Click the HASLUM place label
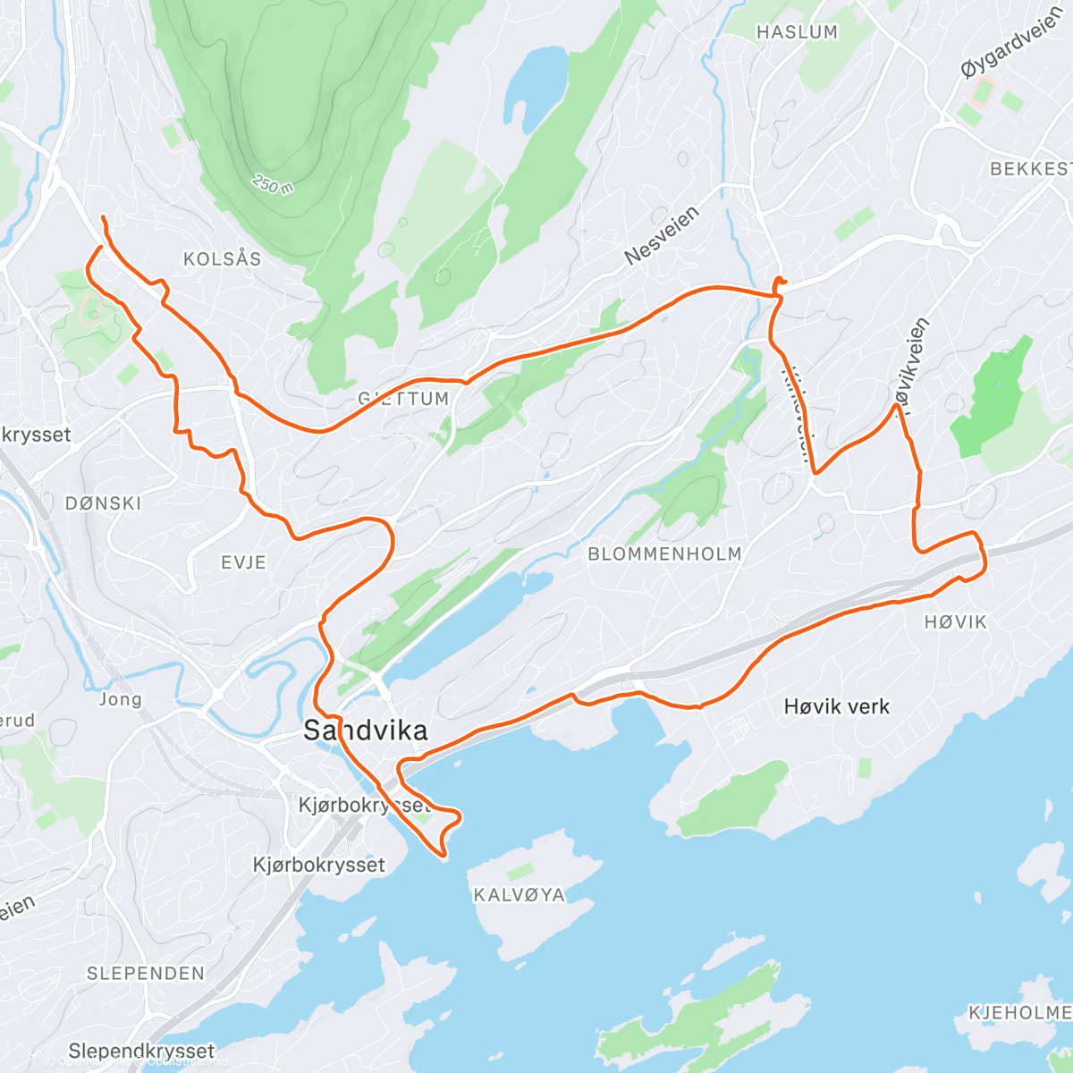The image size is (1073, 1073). [x=797, y=32]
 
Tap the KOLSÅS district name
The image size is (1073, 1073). [x=222, y=259]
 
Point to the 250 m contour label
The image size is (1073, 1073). [x=273, y=185]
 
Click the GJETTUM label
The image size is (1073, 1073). [x=403, y=399]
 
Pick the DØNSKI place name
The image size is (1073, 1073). [x=104, y=503]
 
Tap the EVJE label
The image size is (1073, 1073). [x=243, y=562]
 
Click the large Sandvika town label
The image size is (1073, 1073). [x=365, y=731]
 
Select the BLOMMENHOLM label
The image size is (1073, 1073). [x=664, y=554]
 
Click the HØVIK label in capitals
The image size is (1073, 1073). [x=956, y=621]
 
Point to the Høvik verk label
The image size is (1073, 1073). [x=836, y=706]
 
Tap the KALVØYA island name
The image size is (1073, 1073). [x=519, y=895]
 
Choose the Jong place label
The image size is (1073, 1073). [x=120, y=699]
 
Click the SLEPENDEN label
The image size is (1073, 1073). [x=145, y=973]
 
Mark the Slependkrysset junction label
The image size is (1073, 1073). [x=141, y=1051]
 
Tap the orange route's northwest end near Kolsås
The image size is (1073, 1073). [x=104, y=218]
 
